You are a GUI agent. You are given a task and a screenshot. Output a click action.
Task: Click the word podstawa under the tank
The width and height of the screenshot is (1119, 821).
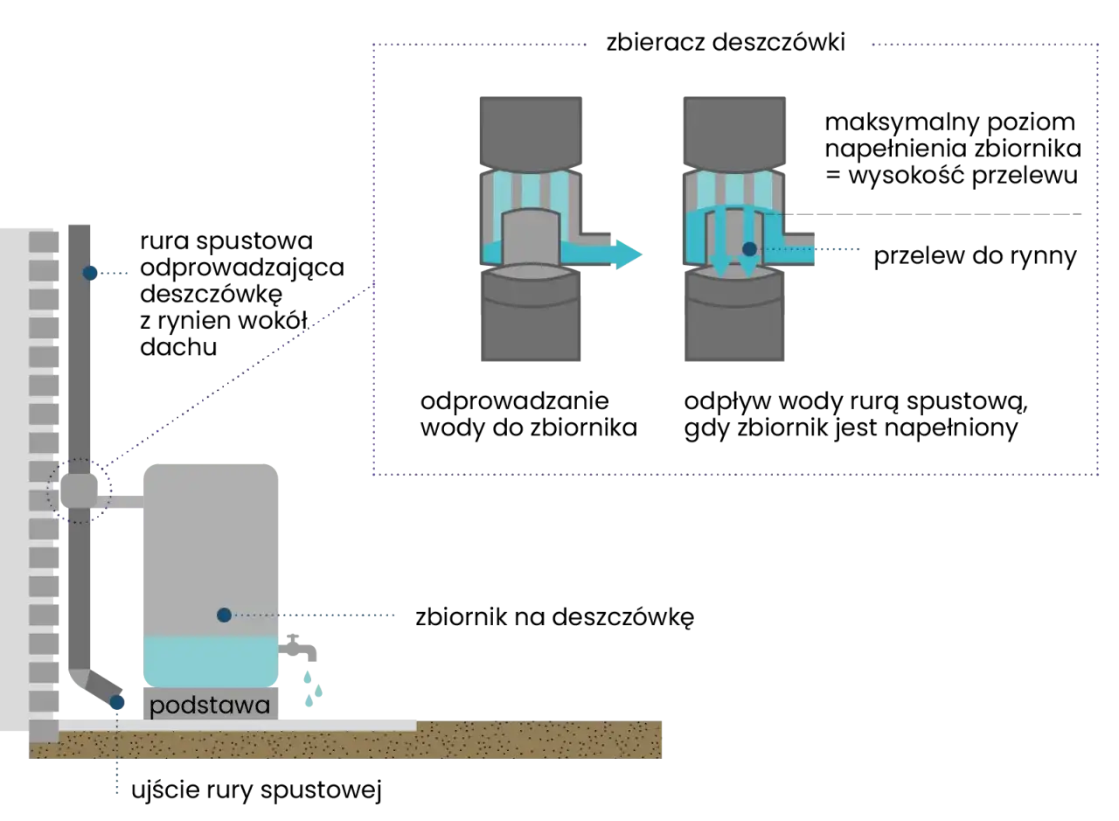pyautogui.click(x=210, y=706)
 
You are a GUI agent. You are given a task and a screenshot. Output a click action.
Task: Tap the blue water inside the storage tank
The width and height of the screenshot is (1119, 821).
pyautogui.click(x=210, y=660)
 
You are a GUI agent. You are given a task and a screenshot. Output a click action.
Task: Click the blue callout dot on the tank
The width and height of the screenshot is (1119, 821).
pyautogui.click(x=224, y=616)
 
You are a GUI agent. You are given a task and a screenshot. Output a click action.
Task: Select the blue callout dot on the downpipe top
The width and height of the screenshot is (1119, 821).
pyautogui.click(x=90, y=273)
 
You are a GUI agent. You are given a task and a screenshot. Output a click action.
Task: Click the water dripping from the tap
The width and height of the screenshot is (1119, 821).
pyautogui.click(x=313, y=686)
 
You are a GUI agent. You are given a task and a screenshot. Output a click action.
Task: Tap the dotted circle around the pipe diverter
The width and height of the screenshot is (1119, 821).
pyautogui.click(x=79, y=491)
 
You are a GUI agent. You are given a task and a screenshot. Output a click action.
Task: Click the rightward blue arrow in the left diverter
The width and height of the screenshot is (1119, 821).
pyautogui.click(x=612, y=254)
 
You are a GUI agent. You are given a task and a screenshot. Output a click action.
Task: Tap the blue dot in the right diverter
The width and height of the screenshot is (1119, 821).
pyautogui.click(x=749, y=249)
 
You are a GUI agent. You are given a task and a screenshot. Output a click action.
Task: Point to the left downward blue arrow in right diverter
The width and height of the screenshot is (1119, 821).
pyautogui.click(x=719, y=249)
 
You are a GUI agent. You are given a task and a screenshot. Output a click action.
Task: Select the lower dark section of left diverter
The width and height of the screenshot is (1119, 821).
pyautogui.click(x=531, y=328)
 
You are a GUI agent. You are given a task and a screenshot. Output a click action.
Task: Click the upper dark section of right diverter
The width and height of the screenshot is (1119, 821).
pyautogui.click(x=734, y=131)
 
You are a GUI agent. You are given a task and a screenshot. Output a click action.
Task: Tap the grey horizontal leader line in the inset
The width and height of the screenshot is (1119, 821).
pyautogui.click(x=935, y=213)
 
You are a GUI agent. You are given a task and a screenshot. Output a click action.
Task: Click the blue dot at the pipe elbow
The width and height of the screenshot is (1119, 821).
pyautogui.click(x=116, y=702)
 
